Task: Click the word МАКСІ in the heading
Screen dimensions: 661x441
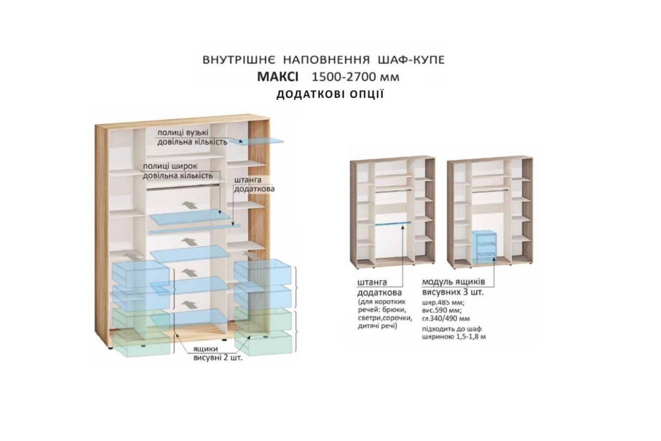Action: point(278,77)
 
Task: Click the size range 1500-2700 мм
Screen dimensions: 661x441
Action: point(356,77)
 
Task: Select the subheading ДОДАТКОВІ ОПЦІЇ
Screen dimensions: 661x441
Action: point(330,94)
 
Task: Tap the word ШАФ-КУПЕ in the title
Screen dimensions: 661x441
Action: point(411,60)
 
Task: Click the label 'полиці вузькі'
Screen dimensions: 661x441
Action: point(183,133)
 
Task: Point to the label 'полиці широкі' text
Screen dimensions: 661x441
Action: point(170,166)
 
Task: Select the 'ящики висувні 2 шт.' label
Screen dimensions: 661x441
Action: point(218,353)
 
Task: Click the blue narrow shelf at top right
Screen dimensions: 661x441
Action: point(257,142)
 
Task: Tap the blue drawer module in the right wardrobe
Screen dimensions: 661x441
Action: point(484,246)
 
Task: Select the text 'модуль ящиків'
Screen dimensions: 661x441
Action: point(453,282)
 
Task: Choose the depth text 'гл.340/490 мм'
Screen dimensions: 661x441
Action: point(446,319)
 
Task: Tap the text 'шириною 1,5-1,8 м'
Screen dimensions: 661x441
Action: point(454,337)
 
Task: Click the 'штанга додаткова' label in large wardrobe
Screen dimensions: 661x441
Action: point(254,184)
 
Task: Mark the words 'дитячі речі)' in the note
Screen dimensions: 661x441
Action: point(378,326)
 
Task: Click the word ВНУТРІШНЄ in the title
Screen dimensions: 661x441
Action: point(239,60)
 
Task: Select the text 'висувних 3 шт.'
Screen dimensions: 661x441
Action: point(453,292)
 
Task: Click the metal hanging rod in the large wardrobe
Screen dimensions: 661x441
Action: point(183,187)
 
